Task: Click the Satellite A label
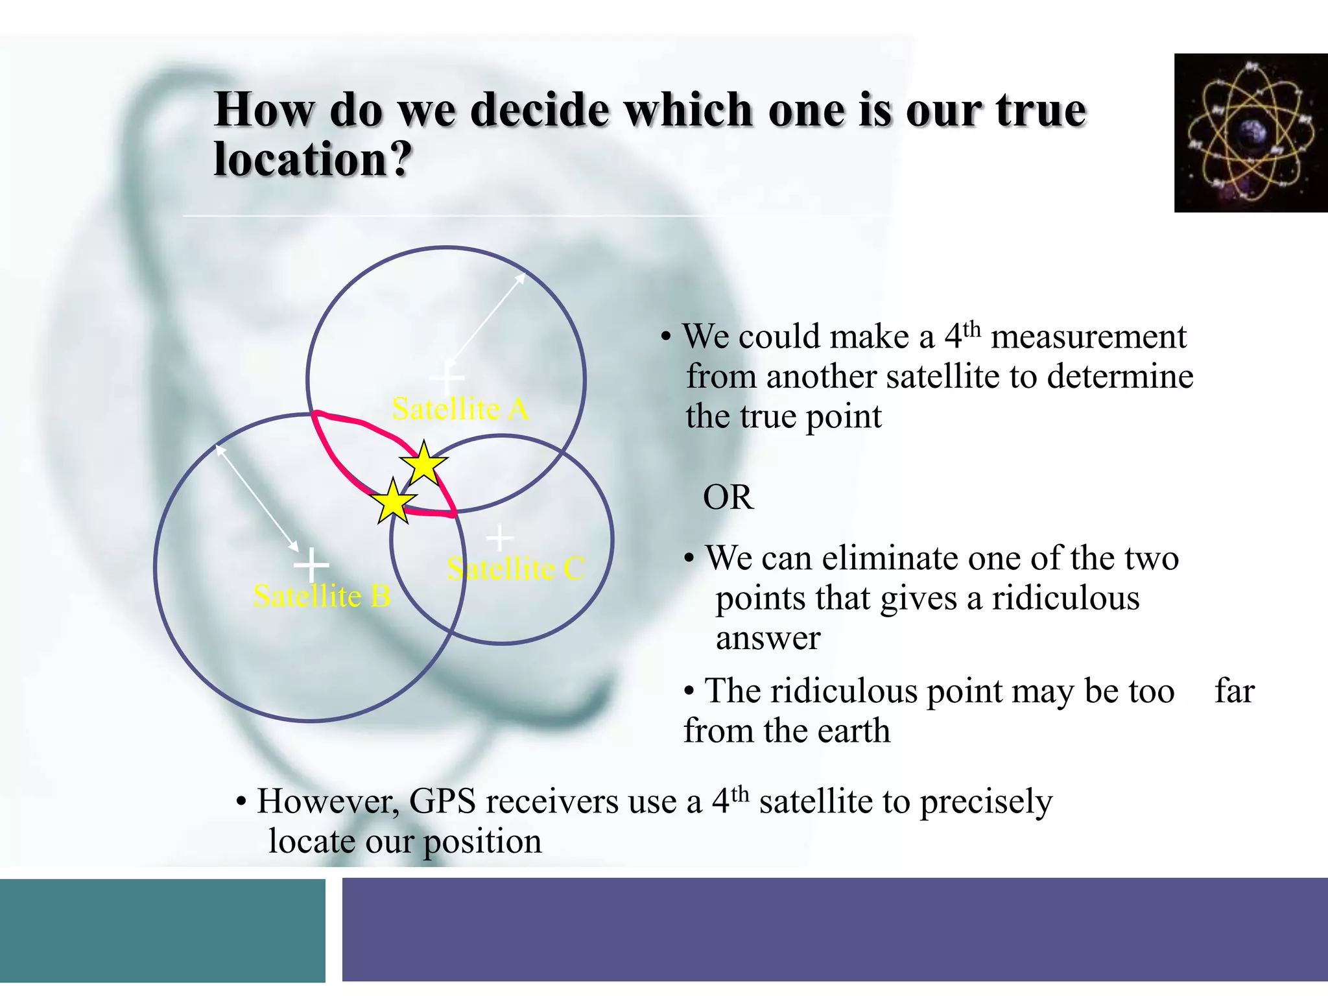click(460, 409)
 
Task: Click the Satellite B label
click(322, 596)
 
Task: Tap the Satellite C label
click(516, 569)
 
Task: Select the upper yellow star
click(423, 464)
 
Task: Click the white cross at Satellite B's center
click(312, 565)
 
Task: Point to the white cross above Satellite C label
click(499, 538)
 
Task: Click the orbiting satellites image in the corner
click(1250, 133)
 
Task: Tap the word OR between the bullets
click(728, 498)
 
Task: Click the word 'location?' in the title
click(313, 159)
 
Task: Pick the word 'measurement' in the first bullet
click(1088, 337)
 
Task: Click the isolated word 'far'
click(1235, 691)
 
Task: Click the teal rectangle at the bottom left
click(162, 930)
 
